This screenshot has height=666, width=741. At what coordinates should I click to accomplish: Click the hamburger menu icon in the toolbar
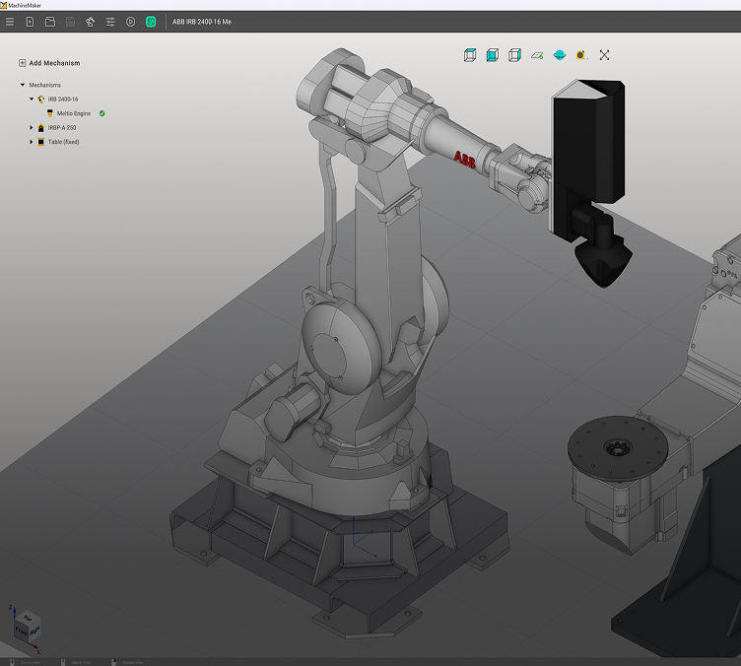tap(10, 22)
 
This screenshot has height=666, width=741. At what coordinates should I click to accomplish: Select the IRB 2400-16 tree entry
tap(62, 100)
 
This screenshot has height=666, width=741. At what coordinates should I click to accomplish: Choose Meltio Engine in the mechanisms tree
tap(74, 113)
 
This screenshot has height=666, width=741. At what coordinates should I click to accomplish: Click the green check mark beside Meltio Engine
tap(102, 113)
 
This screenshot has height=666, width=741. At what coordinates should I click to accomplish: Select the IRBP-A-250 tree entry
tap(62, 127)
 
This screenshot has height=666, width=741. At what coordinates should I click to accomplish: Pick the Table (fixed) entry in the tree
tap(63, 142)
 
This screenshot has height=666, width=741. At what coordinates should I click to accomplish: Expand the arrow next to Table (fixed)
tap(32, 142)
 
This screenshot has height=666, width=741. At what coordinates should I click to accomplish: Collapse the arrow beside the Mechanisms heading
tap(23, 85)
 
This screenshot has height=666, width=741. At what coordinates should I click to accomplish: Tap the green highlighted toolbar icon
tap(151, 22)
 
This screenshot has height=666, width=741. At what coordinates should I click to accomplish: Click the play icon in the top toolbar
tap(130, 22)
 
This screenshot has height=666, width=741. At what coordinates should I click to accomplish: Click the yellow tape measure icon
tap(581, 55)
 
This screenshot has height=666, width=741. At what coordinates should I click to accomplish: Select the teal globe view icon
tap(559, 55)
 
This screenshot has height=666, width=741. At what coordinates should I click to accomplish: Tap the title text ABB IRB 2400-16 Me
tap(202, 22)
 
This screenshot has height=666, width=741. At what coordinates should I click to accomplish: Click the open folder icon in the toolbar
tap(49, 22)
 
